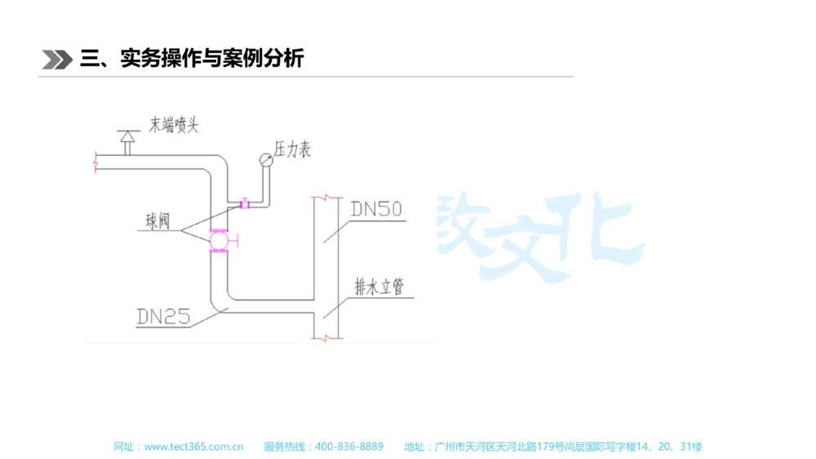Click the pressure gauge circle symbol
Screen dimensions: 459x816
click(x=266, y=158)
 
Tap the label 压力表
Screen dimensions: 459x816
click(x=293, y=150)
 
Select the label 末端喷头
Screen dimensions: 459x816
click(x=173, y=125)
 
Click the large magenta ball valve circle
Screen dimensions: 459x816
click(x=219, y=240)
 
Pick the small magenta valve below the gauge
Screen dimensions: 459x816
click(x=244, y=203)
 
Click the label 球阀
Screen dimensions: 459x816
click(x=157, y=221)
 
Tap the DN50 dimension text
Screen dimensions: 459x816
click(x=376, y=210)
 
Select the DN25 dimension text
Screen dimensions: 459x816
click(x=163, y=316)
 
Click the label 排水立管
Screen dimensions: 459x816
click(x=379, y=287)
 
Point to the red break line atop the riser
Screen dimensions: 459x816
click(x=326, y=198)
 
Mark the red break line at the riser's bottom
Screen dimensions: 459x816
click(x=326, y=336)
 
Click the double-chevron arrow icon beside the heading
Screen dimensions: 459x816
click(x=56, y=59)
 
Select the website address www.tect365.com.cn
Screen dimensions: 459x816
click(x=193, y=447)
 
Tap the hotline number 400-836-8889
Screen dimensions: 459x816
click(x=348, y=447)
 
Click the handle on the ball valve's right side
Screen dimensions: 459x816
click(x=235, y=240)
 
